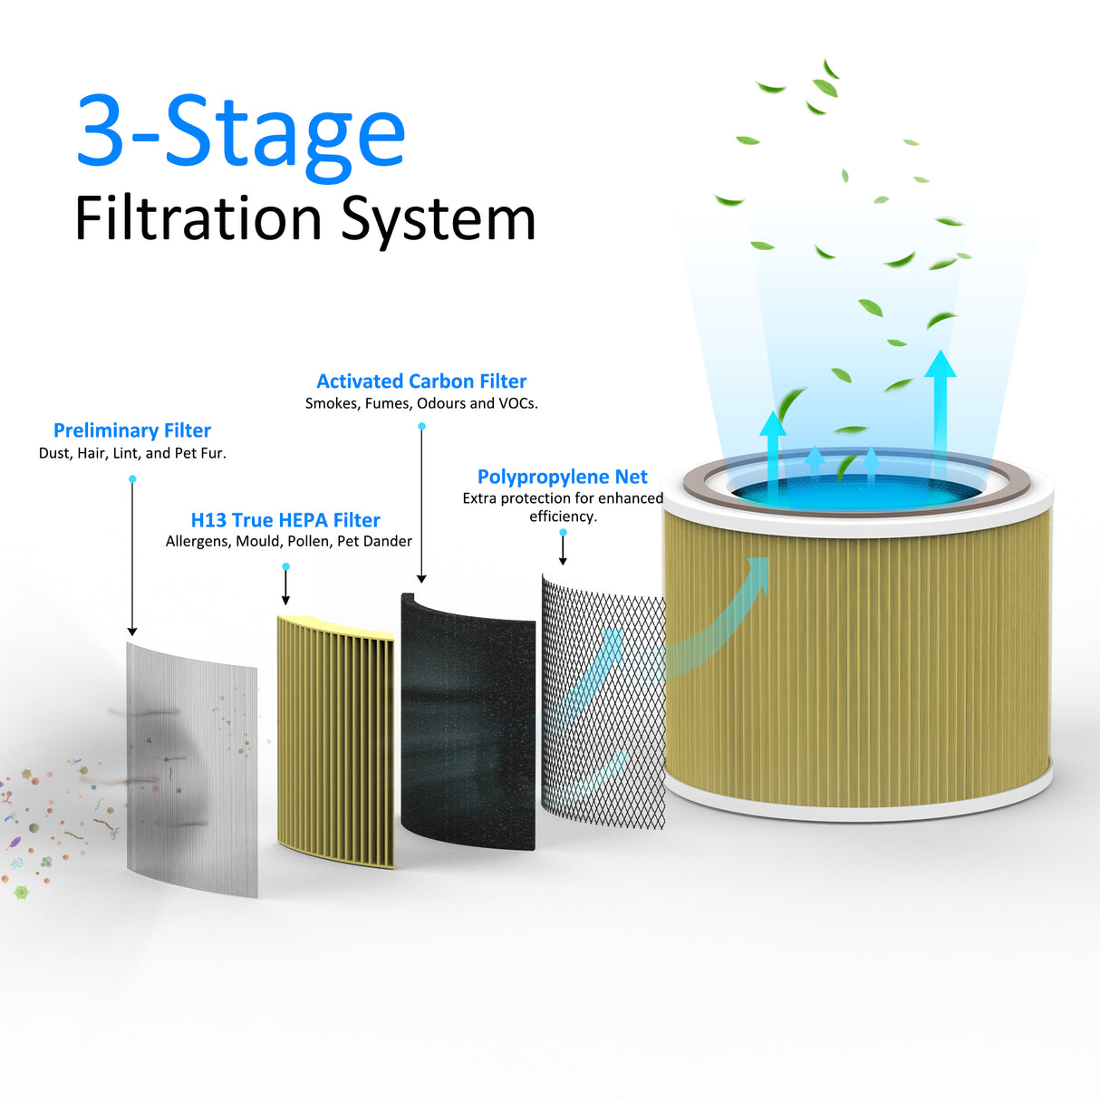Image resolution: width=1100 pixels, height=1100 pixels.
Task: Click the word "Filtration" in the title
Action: (198, 219)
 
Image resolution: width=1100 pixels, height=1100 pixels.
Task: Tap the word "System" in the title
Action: (439, 219)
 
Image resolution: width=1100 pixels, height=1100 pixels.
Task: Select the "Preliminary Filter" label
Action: (132, 430)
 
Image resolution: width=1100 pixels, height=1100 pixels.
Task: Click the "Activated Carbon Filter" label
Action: (421, 381)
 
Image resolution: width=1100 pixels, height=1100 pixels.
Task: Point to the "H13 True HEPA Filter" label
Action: (285, 520)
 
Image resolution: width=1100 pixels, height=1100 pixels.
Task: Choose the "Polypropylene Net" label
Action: (563, 477)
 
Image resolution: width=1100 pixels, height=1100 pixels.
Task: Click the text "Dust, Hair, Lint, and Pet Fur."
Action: (132, 453)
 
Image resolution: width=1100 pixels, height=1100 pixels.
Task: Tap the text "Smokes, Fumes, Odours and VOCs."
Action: (421, 403)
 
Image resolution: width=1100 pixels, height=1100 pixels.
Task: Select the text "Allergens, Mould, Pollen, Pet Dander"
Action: (288, 541)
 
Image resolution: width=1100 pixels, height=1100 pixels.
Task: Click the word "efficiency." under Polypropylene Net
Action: (563, 516)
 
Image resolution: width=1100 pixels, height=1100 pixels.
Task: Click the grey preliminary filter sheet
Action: (191, 770)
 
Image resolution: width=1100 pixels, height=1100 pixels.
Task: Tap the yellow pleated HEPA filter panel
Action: (335, 738)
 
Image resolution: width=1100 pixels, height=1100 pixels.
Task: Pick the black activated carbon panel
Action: (467, 720)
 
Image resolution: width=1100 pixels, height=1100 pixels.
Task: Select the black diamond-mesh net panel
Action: (603, 702)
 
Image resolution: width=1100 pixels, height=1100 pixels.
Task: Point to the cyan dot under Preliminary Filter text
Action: (132, 479)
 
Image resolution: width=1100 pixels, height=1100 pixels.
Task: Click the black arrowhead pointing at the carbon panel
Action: (421, 578)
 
